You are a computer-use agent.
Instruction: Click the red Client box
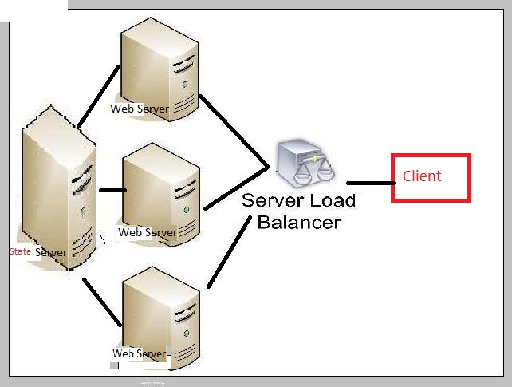(431, 177)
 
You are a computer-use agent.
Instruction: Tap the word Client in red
(422, 176)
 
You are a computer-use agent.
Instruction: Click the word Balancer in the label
(299, 221)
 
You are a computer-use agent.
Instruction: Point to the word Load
(325, 200)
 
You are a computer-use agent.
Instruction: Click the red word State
(20, 251)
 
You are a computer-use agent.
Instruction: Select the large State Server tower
(59, 192)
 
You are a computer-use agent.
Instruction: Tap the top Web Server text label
(139, 109)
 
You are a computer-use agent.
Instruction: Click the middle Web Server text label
(147, 232)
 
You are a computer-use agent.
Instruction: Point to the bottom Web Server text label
(140, 353)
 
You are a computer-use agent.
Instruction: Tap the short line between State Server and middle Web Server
(112, 191)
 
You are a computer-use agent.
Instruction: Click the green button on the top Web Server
(185, 82)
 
